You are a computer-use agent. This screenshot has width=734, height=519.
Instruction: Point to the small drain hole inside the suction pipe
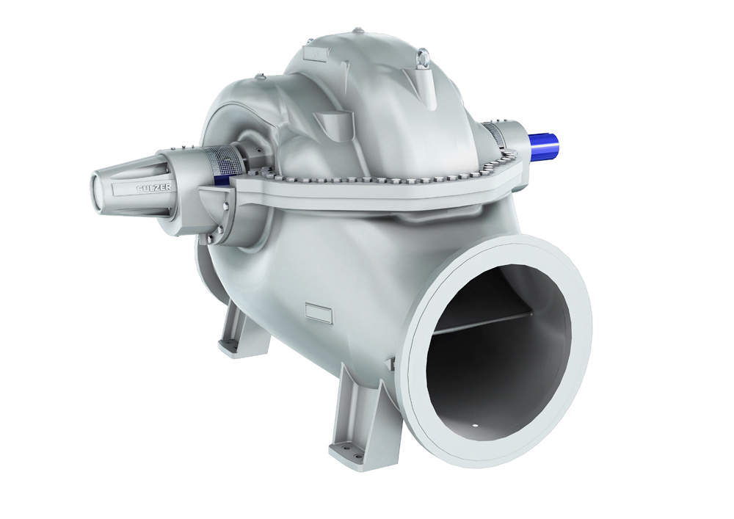coord(474,424)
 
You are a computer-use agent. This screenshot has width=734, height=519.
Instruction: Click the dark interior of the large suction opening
coord(492,367)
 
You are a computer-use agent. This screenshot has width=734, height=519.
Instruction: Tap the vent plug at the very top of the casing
coord(358,30)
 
